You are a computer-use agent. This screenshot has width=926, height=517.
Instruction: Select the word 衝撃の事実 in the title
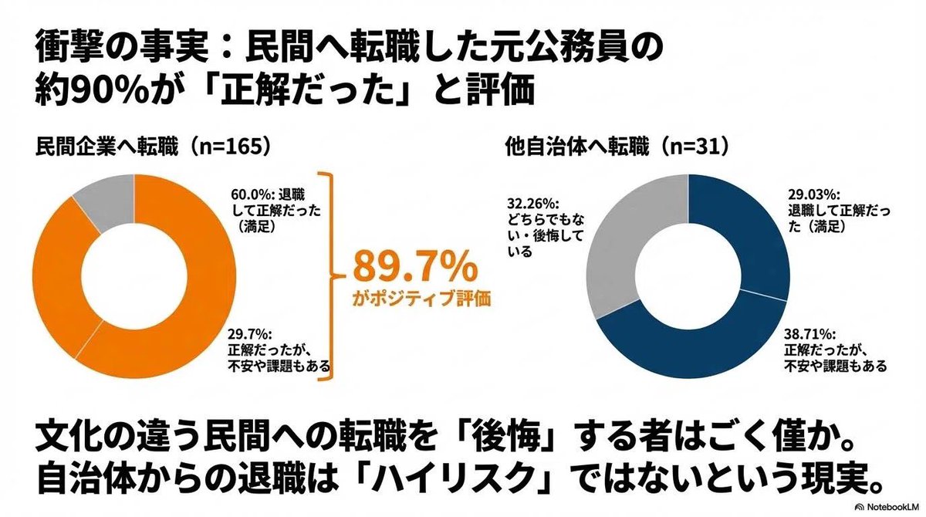(113, 50)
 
